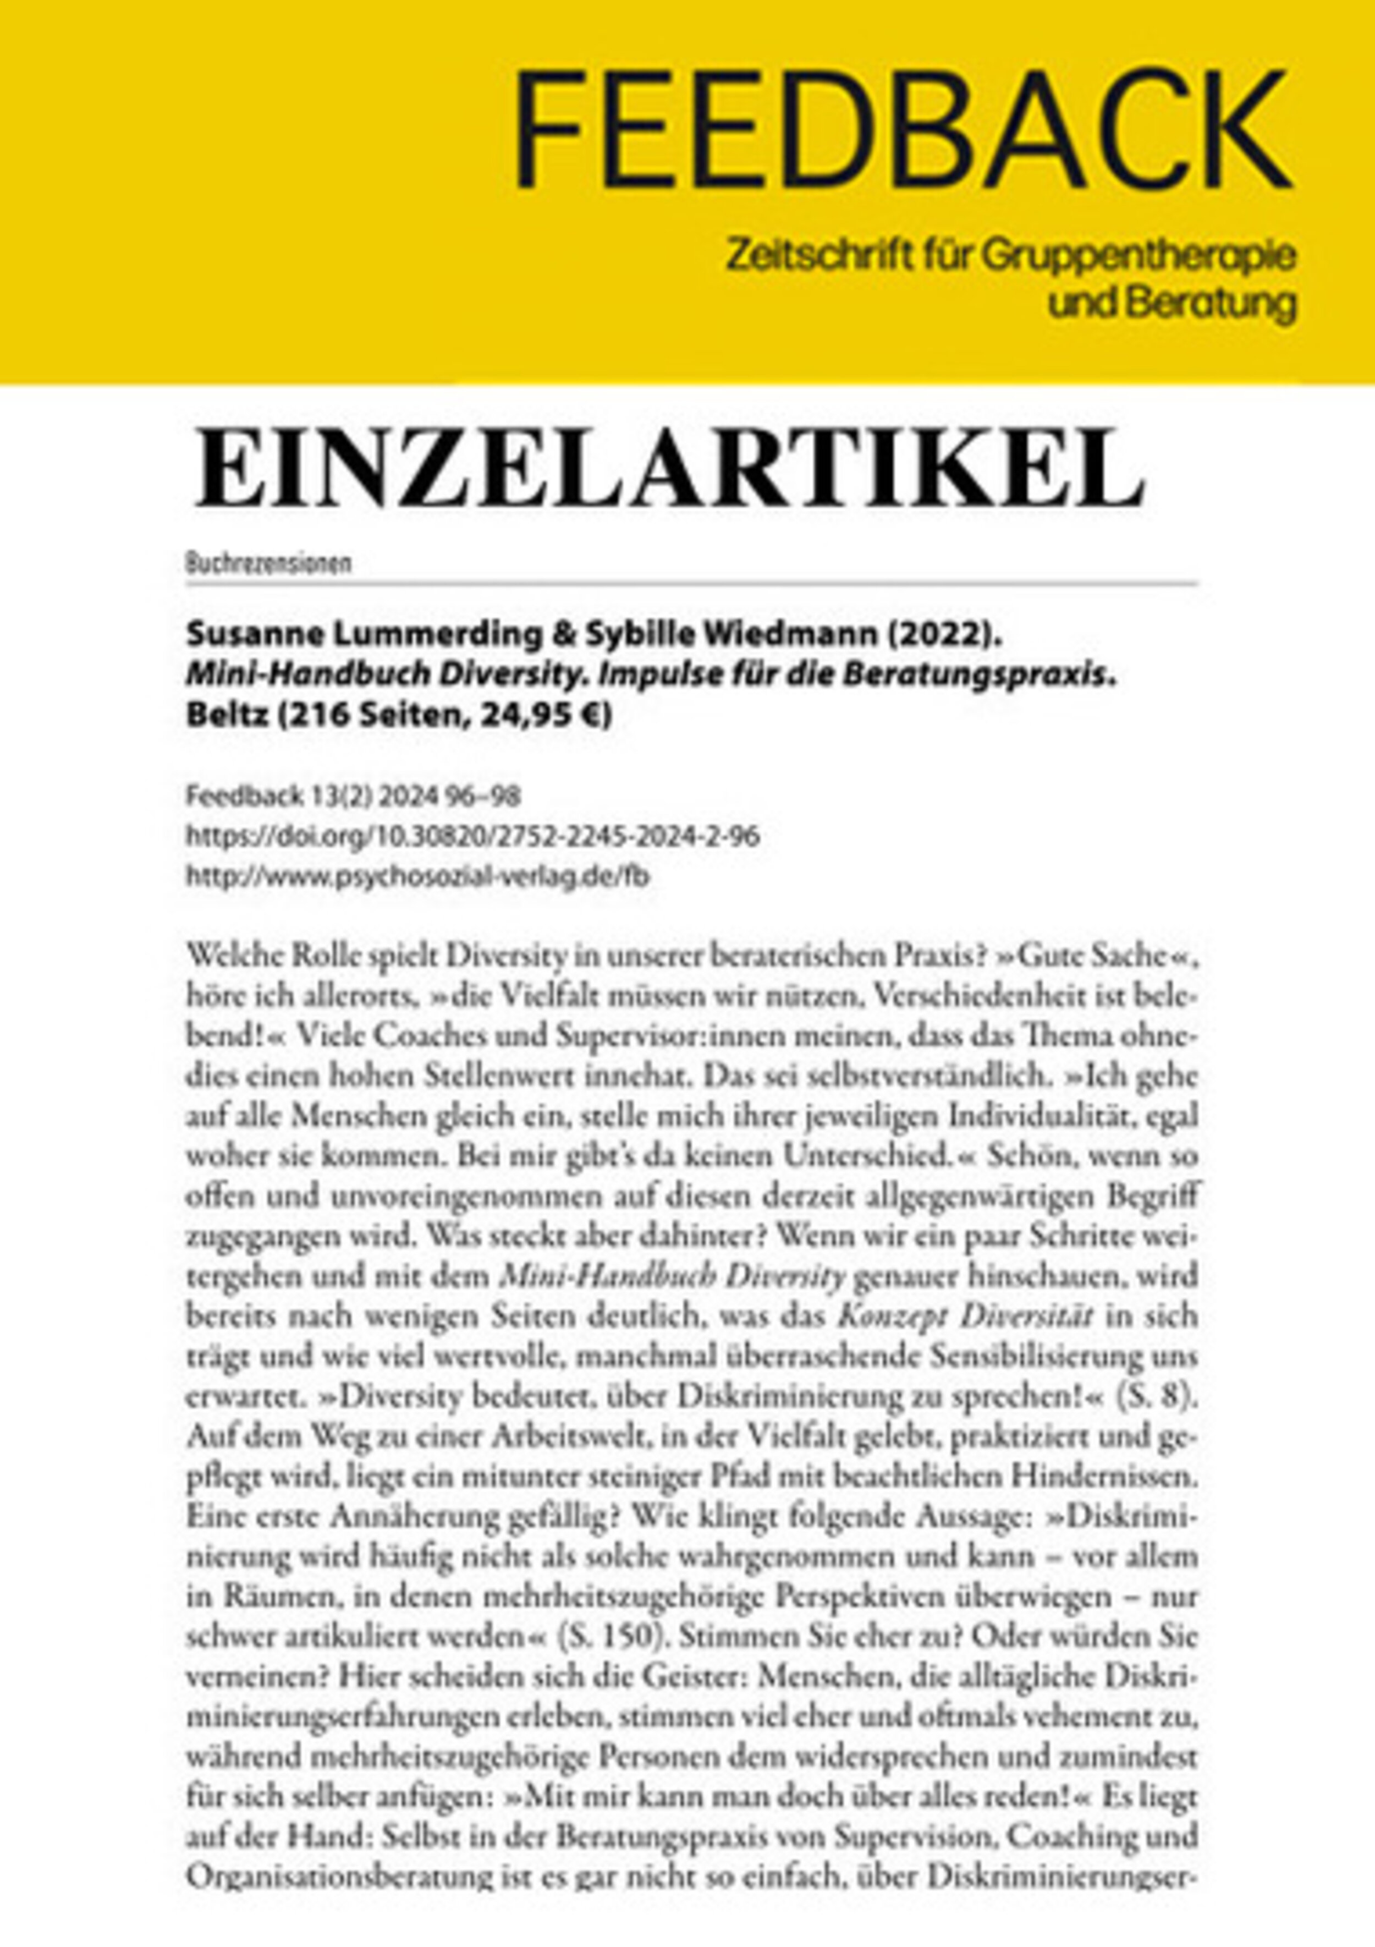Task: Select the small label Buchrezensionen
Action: point(268,564)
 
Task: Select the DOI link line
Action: point(472,837)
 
